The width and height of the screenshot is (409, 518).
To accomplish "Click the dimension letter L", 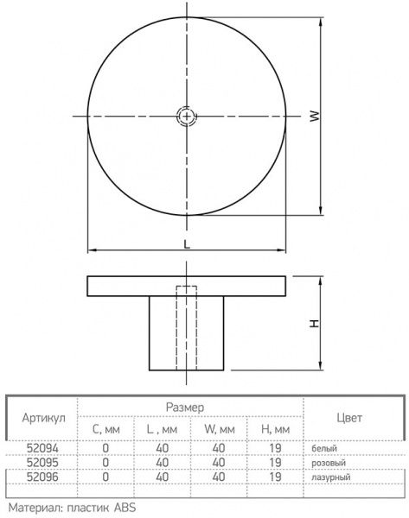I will point(187,243).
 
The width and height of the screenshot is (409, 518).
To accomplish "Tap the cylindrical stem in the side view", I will point(187,332).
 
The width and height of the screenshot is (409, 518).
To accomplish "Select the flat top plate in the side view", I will point(187,286).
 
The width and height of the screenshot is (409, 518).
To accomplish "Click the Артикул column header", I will point(42,416).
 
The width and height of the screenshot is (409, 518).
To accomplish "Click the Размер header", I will point(184,406).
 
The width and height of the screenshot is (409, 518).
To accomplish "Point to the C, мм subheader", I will point(105,428).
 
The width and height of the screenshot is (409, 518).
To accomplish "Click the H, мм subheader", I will point(275,428).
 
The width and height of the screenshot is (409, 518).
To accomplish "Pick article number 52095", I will point(42,463).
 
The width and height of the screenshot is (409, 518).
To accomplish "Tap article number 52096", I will point(42,476).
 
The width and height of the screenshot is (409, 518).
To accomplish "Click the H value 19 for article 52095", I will point(275,463).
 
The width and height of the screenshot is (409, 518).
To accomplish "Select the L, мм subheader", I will point(162,428).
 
